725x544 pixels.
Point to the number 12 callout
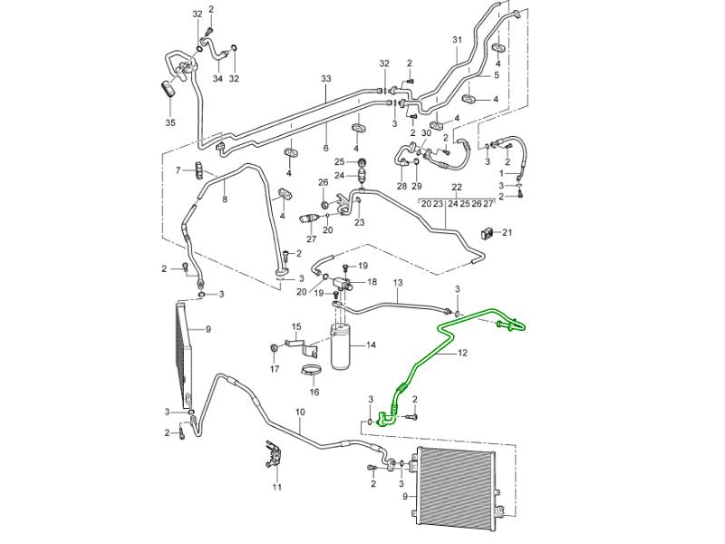(462, 353)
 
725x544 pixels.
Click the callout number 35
(169, 121)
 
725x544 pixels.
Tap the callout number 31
(457, 39)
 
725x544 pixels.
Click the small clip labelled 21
(488, 233)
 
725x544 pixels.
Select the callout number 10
(300, 413)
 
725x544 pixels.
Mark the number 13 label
(396, 284)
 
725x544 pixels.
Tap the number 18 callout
(371, 283)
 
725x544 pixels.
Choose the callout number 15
(295, 325)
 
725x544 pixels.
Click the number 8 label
(225, 199)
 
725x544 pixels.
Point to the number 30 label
(426, 132)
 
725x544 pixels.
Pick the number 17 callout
(275, 369)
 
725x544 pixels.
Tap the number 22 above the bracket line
(457, 189)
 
